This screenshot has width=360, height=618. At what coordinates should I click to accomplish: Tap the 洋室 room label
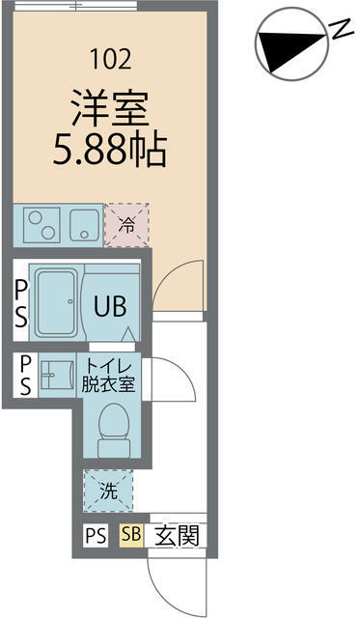(x=109, y=107)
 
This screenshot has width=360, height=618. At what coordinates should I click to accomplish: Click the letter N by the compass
(x=341, y=30)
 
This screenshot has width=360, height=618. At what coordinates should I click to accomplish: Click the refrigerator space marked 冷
(x=126, y=225)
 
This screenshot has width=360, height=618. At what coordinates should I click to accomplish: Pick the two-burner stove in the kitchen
(x=42, y=226)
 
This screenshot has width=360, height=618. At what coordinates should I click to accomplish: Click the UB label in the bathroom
(x=109, y=306)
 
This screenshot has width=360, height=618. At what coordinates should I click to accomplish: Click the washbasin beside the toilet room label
(x=57, y=375)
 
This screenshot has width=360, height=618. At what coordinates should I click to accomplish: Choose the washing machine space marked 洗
(x=109, y=491)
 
